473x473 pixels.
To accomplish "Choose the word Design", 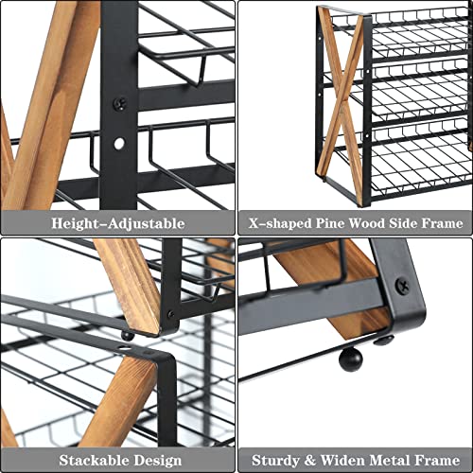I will (x=158, y=461).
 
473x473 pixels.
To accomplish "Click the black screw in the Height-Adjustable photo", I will (x=118, y=104).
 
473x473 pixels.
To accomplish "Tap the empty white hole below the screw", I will (x=118, y=143).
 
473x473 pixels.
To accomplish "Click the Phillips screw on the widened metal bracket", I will (x=403, y=284).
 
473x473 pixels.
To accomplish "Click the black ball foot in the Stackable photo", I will (x=127, y=334).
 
